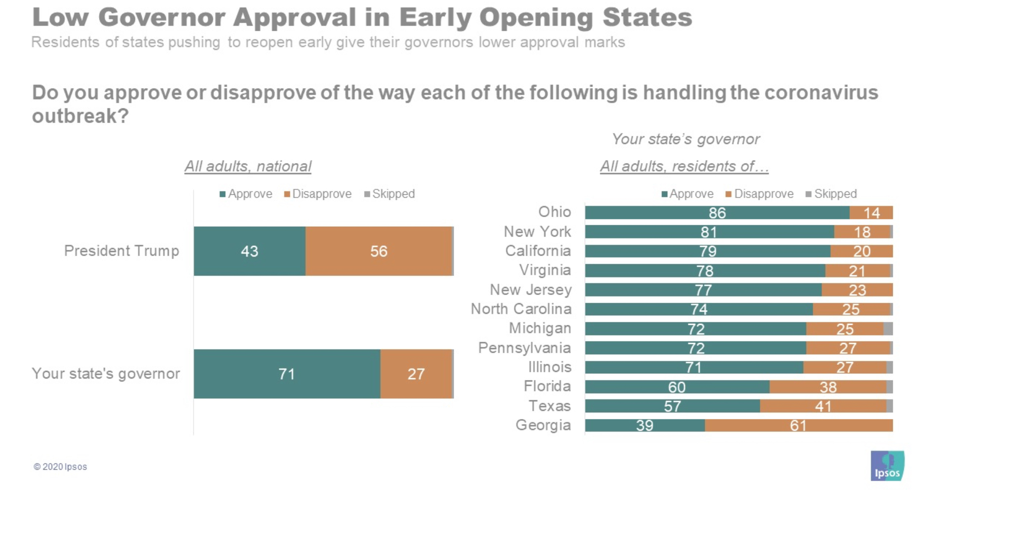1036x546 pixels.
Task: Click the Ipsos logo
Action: tap(887, 466)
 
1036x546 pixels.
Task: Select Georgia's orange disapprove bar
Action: tap(798, 426)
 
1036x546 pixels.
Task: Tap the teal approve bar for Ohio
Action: tap(717, 213)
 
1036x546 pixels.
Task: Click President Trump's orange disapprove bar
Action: tap(378, 251)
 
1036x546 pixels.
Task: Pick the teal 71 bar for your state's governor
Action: tap(286, 374)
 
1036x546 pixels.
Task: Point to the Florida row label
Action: tap(547, 387)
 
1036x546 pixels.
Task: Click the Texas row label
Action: tap(549, 406)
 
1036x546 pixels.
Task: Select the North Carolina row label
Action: tap(521, 309)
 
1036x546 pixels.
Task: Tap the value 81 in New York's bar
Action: tap(708, 232)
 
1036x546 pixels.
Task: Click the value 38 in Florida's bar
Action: tap(828, 387)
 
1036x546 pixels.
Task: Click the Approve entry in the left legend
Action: tap(246, 194)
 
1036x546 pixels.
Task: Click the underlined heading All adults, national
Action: tap(248, 166)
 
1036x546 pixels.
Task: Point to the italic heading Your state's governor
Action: tap(685, 139)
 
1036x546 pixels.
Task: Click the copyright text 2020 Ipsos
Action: tap(61, 467)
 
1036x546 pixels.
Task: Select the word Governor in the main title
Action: tap(161, 17)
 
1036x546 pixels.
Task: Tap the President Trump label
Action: tap(121, 251)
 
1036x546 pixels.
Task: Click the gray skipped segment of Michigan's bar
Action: tap(888, 329)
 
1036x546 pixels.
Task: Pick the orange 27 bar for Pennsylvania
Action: tap(848, 348)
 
